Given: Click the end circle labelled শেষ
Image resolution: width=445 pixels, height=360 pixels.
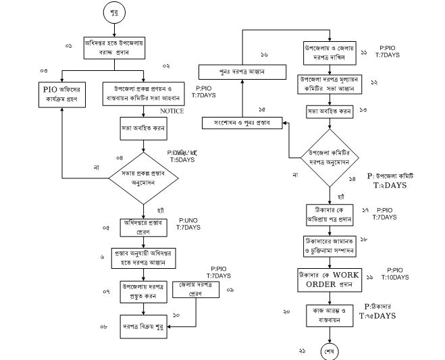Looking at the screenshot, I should tap(331, 352).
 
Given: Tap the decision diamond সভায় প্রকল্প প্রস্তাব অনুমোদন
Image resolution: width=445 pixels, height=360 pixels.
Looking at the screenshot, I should tap(143, 178).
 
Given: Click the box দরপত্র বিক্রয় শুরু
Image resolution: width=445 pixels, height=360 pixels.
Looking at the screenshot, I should tap(143, 326).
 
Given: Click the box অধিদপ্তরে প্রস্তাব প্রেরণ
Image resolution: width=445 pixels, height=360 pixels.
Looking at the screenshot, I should tap(143, 227).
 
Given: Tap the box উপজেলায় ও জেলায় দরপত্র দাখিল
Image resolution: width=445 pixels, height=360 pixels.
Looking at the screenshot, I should tap(330, 55).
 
